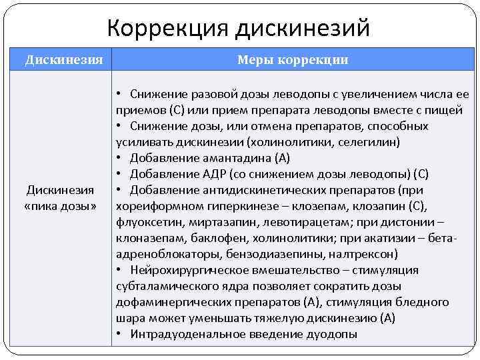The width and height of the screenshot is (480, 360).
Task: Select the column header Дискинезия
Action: [x=64, y=60]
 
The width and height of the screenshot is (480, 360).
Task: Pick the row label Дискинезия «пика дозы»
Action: [x=61, y=198]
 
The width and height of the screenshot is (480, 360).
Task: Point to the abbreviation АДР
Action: [x=214, y=174]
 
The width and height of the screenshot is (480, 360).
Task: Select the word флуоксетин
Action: [x=145, y=222]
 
